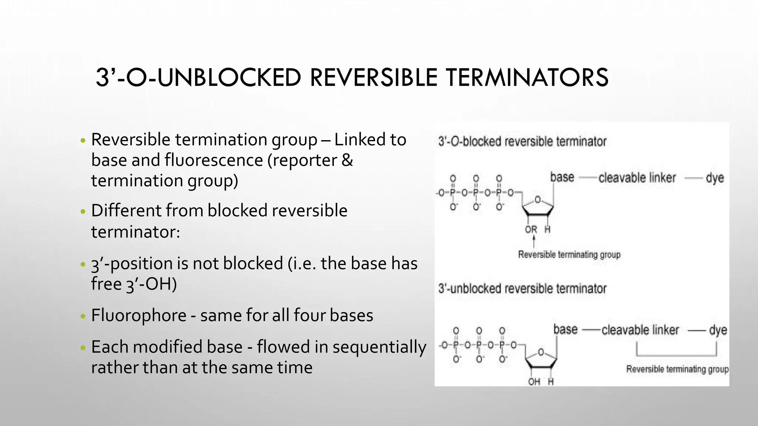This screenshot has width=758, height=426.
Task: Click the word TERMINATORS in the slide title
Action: [527, 78]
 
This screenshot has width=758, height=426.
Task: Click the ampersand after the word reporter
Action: [347, 160]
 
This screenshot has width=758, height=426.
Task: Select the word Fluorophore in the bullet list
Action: [139, 315]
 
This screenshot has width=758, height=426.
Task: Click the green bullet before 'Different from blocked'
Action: [83, 212]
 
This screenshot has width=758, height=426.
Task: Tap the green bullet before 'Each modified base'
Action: [83, 348]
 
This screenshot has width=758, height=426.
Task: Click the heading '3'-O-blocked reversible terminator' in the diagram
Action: [522, 141]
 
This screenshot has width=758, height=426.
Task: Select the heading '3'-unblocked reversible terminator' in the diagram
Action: [522, 288]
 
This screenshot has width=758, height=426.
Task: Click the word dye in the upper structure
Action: [715, 178]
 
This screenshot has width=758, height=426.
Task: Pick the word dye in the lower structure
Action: [718, 330]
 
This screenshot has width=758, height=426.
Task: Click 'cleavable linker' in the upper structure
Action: [637, 178]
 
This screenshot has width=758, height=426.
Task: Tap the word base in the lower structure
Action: [565, 329]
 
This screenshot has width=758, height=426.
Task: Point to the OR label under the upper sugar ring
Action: [531, 230]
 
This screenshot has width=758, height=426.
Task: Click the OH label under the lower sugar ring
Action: [534, 381]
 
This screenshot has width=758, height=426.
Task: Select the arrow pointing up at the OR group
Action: [534, 241]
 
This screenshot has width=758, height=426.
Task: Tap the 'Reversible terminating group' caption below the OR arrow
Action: [569, 255]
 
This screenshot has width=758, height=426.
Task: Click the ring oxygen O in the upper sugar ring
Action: [538, 200]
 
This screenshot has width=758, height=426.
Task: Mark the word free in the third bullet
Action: [106, 284]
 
